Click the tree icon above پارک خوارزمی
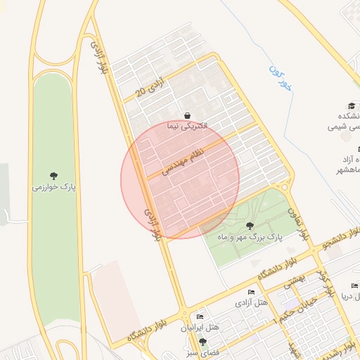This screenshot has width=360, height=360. pos(54,176)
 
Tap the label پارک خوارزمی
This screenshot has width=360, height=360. pos(54,188)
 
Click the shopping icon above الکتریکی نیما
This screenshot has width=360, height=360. pos(188,115)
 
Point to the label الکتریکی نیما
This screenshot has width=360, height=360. pos(188,127)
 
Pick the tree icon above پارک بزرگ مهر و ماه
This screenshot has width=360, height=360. pos(250,226)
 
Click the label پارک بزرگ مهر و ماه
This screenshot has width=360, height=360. pos(250,238)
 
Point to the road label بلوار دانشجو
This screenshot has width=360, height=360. pos(340,236)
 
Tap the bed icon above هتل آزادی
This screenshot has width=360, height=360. pos(251,292)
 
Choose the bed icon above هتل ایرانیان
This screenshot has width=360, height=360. pos(200,317)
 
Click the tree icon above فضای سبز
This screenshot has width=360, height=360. pos(203,342)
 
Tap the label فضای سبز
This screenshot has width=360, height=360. pos(203,352)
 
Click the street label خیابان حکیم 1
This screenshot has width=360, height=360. pos(300,309)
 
